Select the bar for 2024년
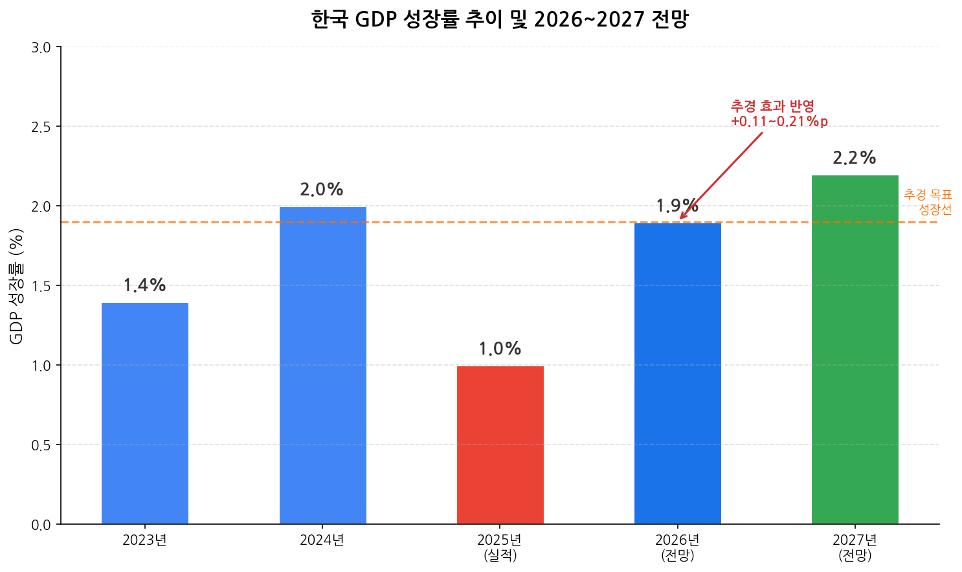click(x=322, y=365)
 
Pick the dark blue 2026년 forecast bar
click(x=677, y=373)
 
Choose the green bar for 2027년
click(x=855, y=349)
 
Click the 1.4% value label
click(x=145, y=285)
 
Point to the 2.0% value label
click(x=322, y=190)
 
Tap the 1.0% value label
click(x=500, y=349)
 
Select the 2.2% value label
click(x=855, y=158)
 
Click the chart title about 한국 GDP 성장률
click(x=499, y=19)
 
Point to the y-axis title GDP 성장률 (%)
click(x=17, y=286)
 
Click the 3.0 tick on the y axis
click(x=41, y=47)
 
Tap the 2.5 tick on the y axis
click(x=41, y=127)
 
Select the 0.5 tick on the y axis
click(x=41, y=445)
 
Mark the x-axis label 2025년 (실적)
click(x=500, y=547)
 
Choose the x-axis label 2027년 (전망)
click(x=855, y=547)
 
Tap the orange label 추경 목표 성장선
click(x=928, y=202)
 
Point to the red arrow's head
click(x=681, y=219)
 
